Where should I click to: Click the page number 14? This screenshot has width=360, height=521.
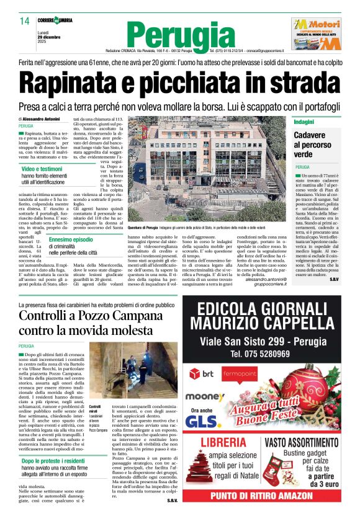coord(24,22)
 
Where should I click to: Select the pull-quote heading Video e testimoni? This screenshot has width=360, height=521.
coord(42,169)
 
